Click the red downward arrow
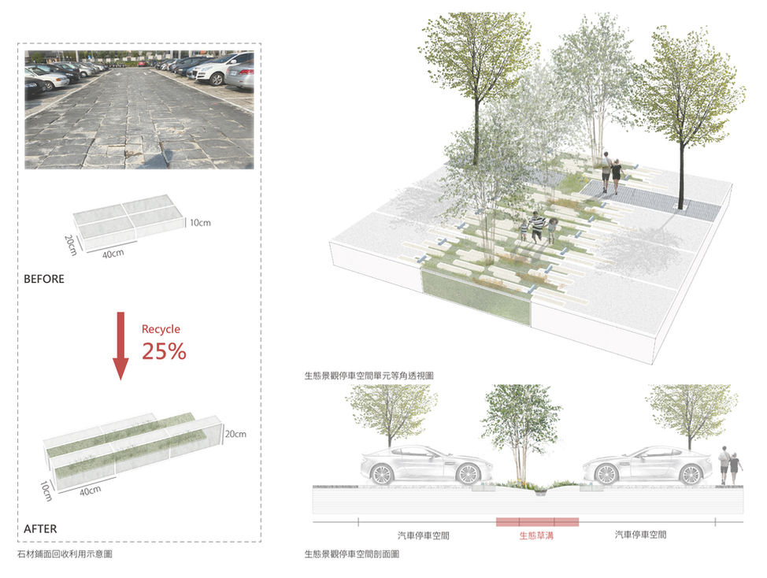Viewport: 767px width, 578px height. [120, 345]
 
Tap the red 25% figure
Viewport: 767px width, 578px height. [164, 351]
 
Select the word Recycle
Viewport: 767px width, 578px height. [161, 328]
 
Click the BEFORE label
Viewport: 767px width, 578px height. [44, 279]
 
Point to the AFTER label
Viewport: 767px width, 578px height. [40, 528]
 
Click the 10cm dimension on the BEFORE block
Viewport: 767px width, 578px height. [200, 223]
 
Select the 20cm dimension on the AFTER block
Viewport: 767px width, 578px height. [235, 434]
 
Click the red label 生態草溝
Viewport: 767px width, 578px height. [537, 535]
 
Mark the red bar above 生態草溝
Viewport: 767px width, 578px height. [537, 521]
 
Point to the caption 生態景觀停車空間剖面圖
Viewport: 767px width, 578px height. [351, 554]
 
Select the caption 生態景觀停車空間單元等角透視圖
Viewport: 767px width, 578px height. [369, 376]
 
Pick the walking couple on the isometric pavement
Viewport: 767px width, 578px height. [610, 172]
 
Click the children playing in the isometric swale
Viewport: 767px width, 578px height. [539, 227]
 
